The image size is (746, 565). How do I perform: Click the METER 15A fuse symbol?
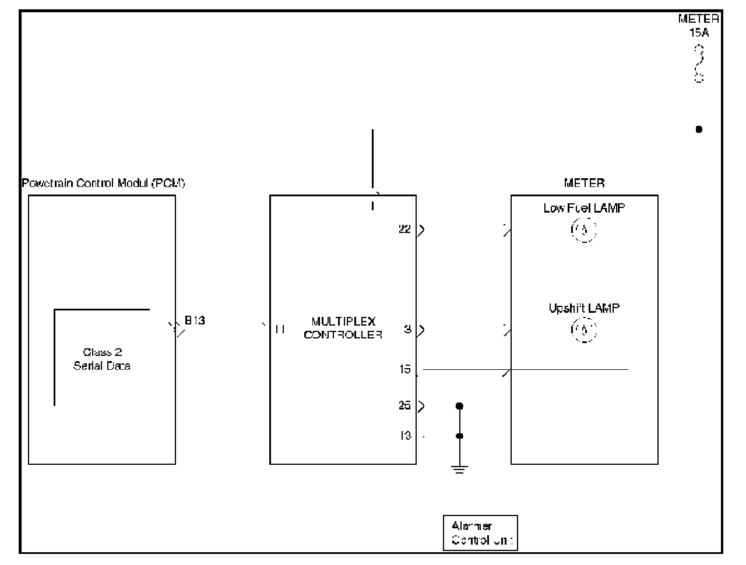coord(699,64)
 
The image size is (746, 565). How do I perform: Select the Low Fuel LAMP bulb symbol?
coord(583,230)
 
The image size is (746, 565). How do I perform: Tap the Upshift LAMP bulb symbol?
coord(583,331)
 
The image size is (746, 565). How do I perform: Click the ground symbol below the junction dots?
coord(459,469)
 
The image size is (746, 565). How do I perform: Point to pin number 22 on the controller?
coord(404,229)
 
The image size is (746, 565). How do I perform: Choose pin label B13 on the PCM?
coord(195,320)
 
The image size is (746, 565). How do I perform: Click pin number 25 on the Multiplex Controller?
coord(404,405)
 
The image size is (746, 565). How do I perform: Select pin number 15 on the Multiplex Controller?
coord(404,369)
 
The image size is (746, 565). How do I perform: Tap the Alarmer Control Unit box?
coord(480,532)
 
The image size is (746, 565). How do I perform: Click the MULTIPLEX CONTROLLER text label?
coord(343,328)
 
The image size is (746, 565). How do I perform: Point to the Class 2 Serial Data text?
coord(102,359)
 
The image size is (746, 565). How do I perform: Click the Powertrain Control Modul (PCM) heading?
coord(103,183)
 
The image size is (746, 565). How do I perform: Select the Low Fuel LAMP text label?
coord(584,208)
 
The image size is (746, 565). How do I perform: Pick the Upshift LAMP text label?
coord(584,308)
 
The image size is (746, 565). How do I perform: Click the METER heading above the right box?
coord(584,183)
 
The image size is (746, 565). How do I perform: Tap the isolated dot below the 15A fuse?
coord(699,129)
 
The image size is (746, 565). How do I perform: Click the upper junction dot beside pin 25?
coord(459,405)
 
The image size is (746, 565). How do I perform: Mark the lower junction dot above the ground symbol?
coord(459,436)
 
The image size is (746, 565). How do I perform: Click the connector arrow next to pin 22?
coord(421,229)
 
